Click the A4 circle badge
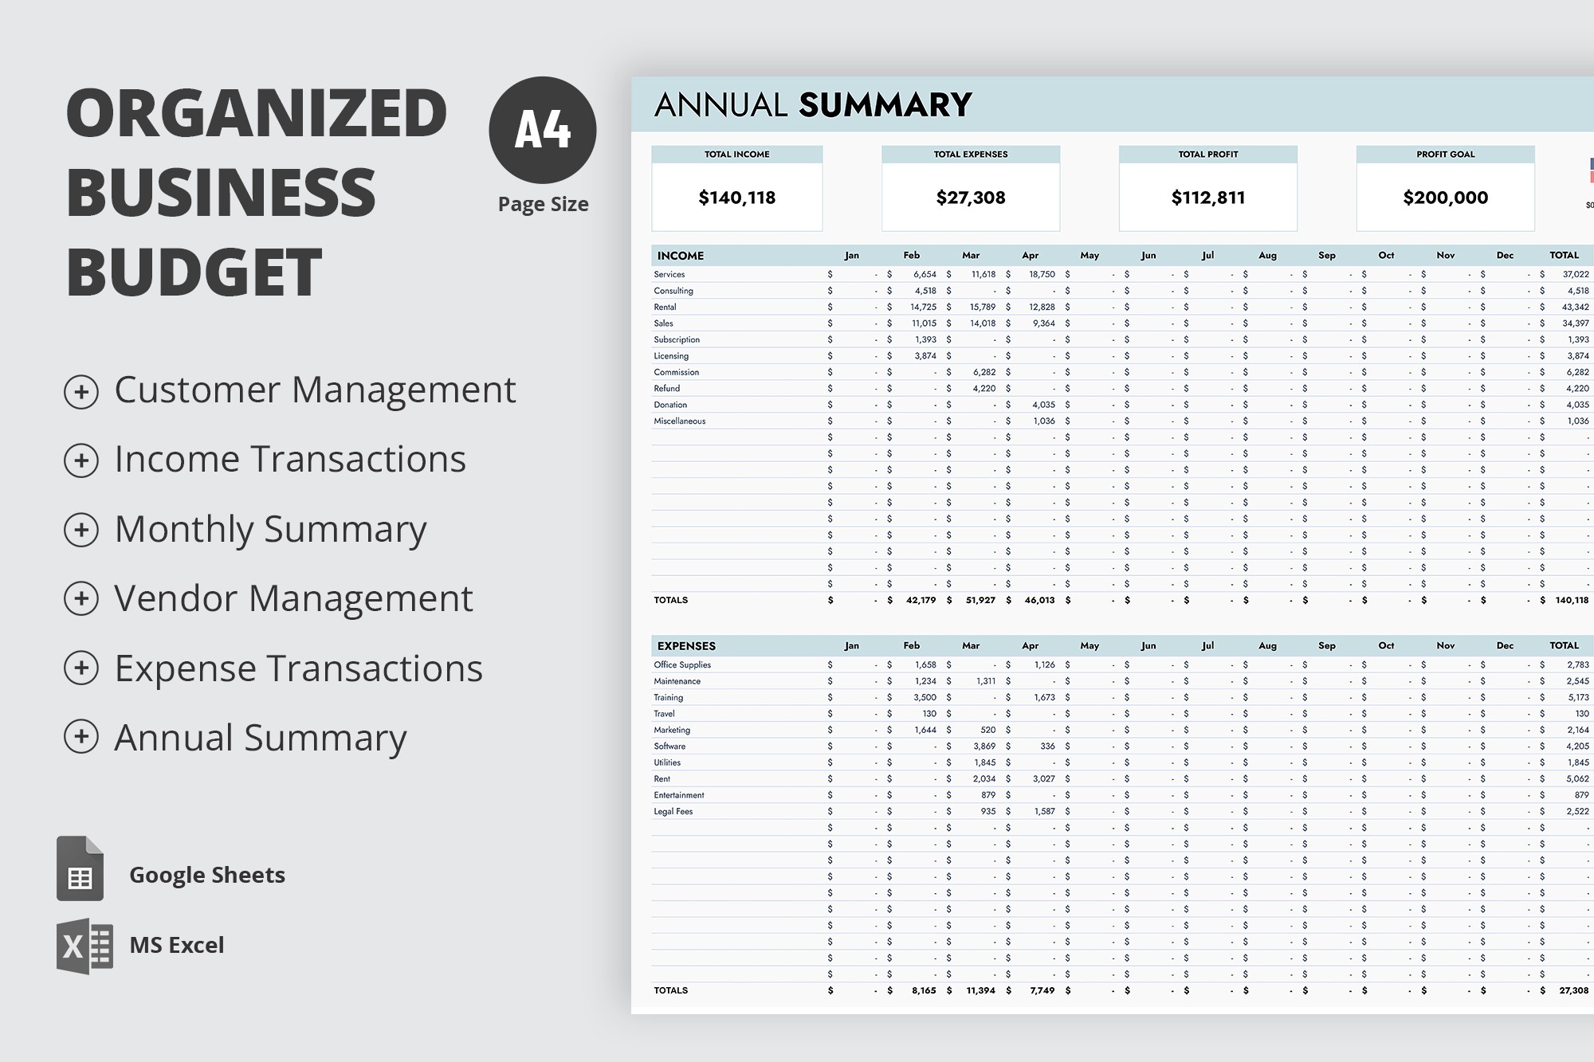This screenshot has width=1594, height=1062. click(x=542, y=130)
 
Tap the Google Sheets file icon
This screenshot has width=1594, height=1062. click(x=80, y=869)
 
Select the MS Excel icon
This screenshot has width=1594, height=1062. click(x=84, y=946)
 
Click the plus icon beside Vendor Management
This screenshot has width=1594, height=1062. click(x=81, y=599)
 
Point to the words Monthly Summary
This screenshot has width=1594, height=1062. click(x=270, y=530)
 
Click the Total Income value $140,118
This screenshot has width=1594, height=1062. click(x=736, y=198)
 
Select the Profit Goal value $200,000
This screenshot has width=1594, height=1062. click(x=1445, y=198)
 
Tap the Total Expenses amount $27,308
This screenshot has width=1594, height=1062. click(x=970, y=198)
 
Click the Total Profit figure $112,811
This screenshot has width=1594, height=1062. click(x=1207, y=198)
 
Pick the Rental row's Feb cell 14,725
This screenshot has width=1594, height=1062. click(x=923, y=307)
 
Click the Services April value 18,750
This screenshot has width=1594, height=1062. click(x=1041, y=274)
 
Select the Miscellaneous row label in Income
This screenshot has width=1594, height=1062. click(x=679, y=421)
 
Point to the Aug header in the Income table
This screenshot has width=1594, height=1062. click(x=1267, y=256)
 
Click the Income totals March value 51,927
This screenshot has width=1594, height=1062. click(x=980, y=600)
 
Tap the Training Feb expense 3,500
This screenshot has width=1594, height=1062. click(x=925, y=697)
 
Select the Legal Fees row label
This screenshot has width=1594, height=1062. click(x=673, y=811)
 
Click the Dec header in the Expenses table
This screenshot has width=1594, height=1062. click(x=1505, y=646)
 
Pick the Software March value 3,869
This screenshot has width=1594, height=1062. click(x=983, y=747)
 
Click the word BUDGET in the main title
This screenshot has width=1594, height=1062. click(x=194, y=272)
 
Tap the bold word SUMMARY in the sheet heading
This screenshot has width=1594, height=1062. click(x=885, y=105)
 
